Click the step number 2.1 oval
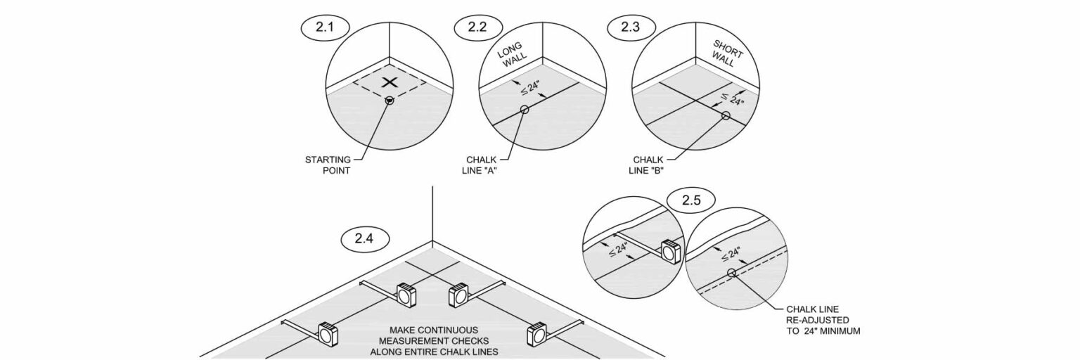(324, 27)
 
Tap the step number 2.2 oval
(477, 27)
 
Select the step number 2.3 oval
(630, 27)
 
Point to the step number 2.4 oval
(364, 238)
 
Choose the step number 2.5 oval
(691, 200)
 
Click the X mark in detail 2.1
(390, 82)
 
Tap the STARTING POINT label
(328, 165)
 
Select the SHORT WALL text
(726, 53)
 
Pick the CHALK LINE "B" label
(647, 165)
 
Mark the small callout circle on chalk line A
(525, 110)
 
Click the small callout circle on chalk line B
(726, 115)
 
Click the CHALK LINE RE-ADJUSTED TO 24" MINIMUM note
(823, 320)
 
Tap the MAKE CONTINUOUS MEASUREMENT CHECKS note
(434, 341)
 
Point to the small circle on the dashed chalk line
(731, 273)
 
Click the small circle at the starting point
(390, 101)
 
